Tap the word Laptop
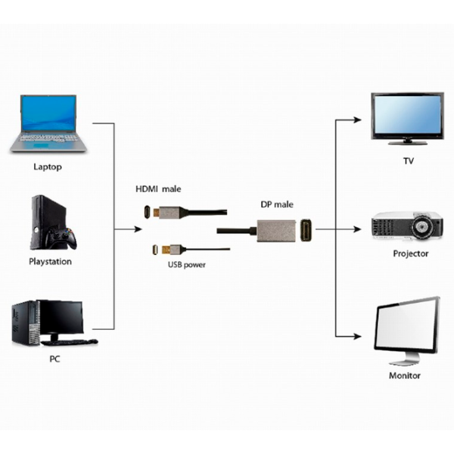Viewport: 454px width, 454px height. coord(48,166)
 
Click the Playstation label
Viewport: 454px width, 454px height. coord(51,262)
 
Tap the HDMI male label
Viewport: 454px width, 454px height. coord(158,188)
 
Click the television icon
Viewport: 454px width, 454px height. coord(407,118)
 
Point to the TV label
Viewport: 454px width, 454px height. coord(409,161)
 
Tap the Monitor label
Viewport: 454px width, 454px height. coord(405,375)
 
